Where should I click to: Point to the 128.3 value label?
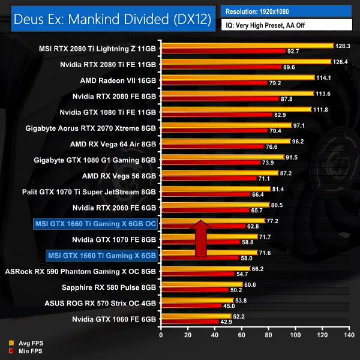pos(343,45)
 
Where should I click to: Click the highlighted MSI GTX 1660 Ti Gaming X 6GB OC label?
pos(95,224)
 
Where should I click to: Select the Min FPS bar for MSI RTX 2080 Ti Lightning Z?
pos(223,52)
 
